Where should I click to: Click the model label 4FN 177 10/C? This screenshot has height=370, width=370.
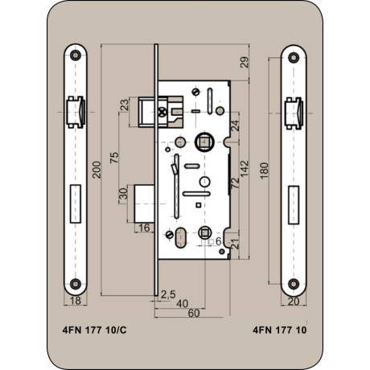click(x=94, y=330)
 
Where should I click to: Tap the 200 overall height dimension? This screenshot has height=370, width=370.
click(x=97, y=170)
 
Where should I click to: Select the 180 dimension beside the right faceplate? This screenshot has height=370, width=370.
click(x=264, y=171)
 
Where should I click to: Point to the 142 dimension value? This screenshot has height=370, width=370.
click(x=245, y=169)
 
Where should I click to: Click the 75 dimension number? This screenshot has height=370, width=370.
click(x=114, y=158)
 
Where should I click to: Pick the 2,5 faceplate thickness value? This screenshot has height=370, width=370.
click(x=168, y=294)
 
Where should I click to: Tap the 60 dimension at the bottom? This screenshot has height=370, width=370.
click(x=194, y=313)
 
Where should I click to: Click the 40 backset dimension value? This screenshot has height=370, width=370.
click(x=183, y=304)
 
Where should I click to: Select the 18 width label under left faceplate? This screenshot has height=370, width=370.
click(x=75, y=301)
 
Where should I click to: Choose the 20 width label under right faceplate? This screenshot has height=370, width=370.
click(x=294, y=302)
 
